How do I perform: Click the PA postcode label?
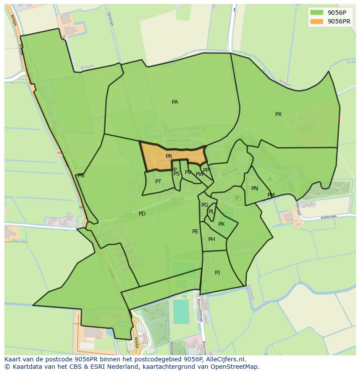175,102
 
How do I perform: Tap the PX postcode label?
278,114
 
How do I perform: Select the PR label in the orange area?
169,156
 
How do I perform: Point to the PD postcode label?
142,214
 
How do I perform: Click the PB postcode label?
81,175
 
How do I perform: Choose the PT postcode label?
158,182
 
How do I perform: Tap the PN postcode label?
255,189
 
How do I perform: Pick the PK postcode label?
221,224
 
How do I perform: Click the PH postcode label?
212,239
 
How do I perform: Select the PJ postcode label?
217,273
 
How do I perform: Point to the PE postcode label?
195,232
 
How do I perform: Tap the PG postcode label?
205,205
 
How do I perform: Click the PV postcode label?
188,172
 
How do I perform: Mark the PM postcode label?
271,195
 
